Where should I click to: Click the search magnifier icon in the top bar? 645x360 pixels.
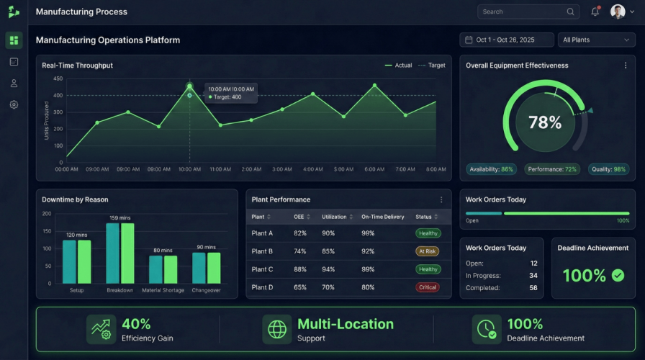[570, 12]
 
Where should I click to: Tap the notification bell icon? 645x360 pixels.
[595, 12]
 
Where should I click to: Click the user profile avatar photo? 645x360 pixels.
[618, 12]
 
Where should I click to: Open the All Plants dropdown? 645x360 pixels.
[596, 40]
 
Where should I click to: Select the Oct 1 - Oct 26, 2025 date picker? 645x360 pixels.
[507, 40]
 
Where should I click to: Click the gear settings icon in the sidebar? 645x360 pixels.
[14, 104]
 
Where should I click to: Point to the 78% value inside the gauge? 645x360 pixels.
[545, 122]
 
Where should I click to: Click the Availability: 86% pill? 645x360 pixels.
[491, 169]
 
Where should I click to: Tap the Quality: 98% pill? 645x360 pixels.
[609, 169]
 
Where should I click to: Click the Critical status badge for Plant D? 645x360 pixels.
[428, 287]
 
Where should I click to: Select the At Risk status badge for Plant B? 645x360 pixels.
[428, 251]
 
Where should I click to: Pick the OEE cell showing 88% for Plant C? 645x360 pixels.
[300, 269]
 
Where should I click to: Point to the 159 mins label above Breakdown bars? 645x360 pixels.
[119, 217]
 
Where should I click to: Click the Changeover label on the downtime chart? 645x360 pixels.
[206, 290]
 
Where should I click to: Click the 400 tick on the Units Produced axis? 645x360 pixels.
[58, 96]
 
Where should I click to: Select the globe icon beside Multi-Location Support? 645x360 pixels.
[277, 329]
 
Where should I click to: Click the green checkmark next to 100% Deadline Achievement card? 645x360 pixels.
[618, 275]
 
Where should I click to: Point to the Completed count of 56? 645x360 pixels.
[533, 288]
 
